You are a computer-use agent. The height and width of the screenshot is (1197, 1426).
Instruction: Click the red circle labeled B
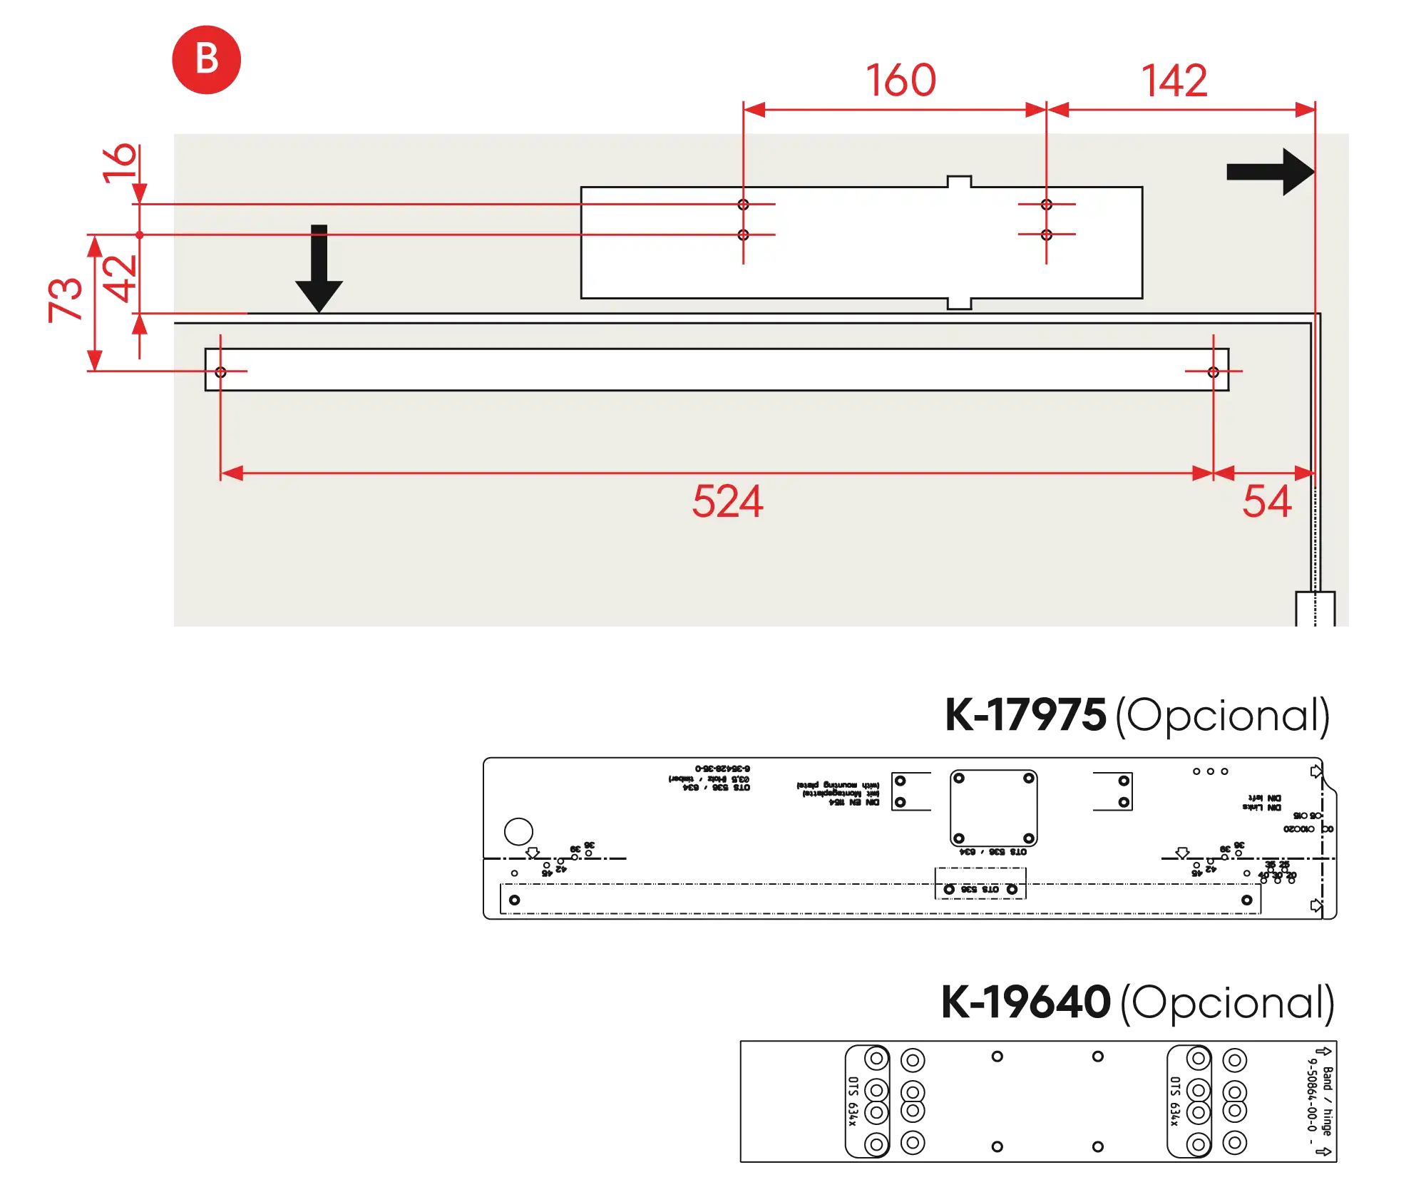click(x=206, y=59)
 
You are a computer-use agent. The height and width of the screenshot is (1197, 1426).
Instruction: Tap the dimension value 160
click(x=901, y=80)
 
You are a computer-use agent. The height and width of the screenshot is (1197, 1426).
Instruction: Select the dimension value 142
click(x=1174, y=80)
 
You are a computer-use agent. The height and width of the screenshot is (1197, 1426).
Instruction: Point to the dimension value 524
click(x=727, y=501)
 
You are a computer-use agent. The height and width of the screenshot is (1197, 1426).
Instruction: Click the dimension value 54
click(x=1266, y=501)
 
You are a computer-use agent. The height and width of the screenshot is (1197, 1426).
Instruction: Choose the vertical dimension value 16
click(x=120, y=165)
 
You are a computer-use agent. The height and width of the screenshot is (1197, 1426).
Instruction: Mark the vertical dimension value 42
click(x=120, y=279)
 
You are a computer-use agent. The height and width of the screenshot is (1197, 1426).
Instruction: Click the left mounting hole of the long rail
click(x=220, y=371)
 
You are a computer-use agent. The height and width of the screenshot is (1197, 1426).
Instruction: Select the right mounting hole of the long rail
click(x=1213, y=371)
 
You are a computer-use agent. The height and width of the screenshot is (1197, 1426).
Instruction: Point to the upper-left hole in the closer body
click(x=743, y=205)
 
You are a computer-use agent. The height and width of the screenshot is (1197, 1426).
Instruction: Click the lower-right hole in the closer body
click(x=1046, y=235)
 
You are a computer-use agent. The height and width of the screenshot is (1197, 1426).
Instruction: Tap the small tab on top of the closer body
click(x=959, y=182)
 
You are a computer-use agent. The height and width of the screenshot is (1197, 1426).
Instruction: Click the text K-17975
click(x=1025, y=714)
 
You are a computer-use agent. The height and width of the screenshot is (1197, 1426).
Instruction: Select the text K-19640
click(x=1025, y=1001)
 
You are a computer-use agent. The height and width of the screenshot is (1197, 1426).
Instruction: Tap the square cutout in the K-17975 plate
click(x=992, y=808)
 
